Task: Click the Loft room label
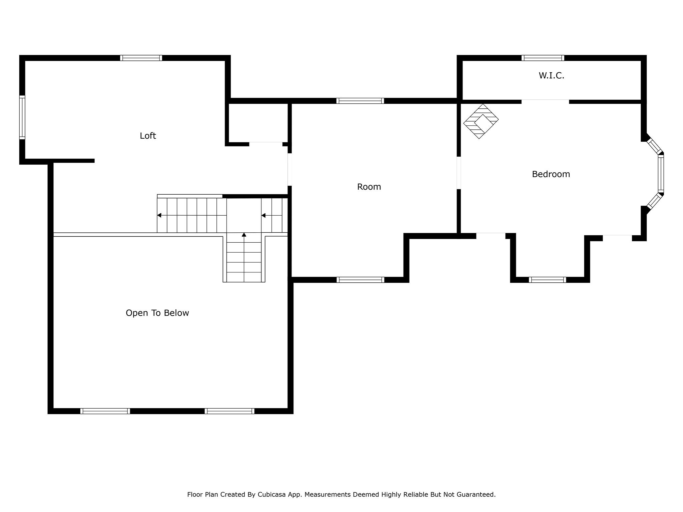(x=148, y=136)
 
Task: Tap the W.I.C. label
(x=551, y=76)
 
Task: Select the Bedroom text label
(x=551, y=174)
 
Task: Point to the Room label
(x=369, y=187)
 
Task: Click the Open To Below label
(x=157, y=313)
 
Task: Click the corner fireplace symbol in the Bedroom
(x=481, y=121)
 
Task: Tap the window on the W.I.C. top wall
(x=543, y=58)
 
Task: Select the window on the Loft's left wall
(x=22, y=117)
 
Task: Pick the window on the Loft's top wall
(x=141, y=58)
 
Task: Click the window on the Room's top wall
(x=360, y=101)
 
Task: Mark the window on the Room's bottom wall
(x=360, y=280)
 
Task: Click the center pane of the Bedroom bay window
(x=661, y=174)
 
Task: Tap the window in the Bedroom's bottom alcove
(x=547, y=280)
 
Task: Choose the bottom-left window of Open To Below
(x=105, y=411)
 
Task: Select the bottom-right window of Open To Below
(x=229, y=411)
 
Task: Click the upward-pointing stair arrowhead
(x=244, y=235)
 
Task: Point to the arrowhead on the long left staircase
(x=159, y=215)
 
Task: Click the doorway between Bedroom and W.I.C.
(x=545, y=101)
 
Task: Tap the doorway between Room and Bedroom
(x=459, y=173)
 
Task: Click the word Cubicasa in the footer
(x=271, y=495)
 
